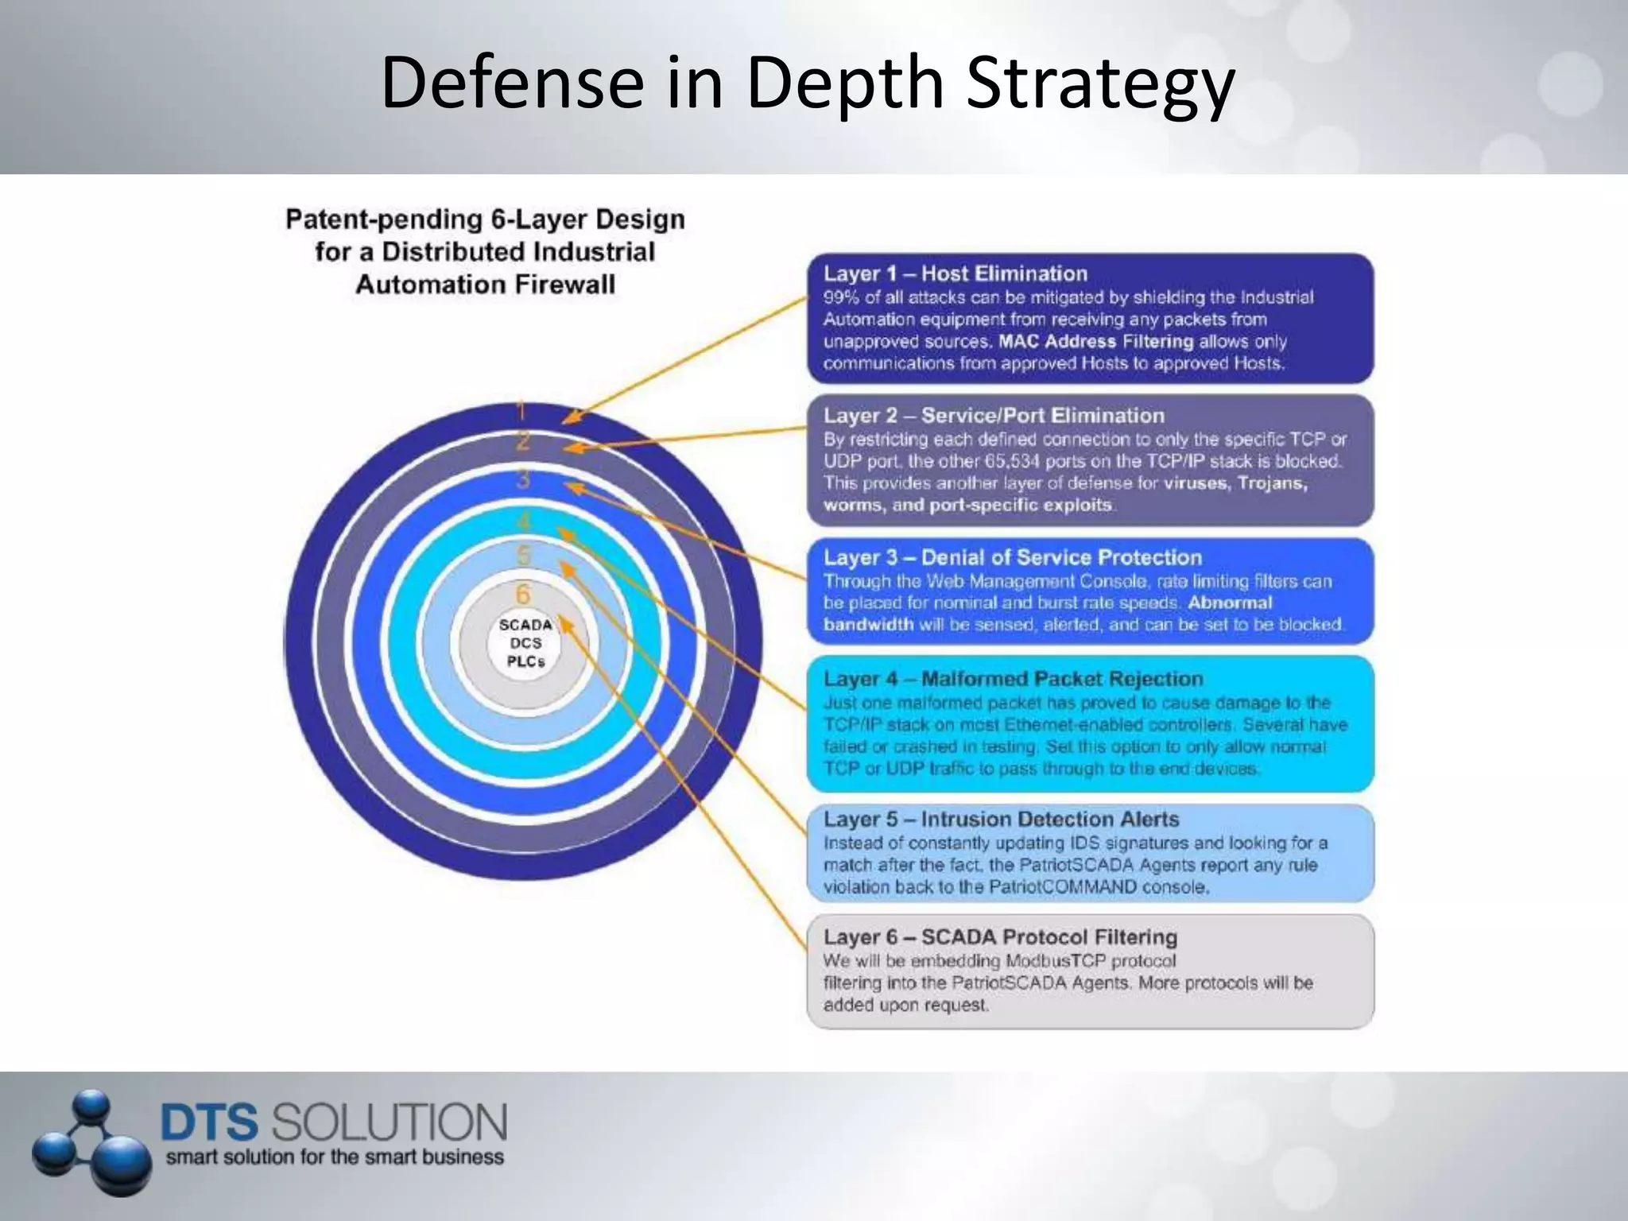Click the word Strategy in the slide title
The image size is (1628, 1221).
tap(1100, 83)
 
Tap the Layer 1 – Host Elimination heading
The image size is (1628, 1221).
tap(955, 274)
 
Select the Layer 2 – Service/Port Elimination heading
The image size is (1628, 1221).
tap(994, 416)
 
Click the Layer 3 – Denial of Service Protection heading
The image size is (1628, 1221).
tap(1013, 557)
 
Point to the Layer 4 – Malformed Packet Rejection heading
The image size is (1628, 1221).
tap(1013, 679)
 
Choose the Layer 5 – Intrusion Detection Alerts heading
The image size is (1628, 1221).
tap(1001, 820)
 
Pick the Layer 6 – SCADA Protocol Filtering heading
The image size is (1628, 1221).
tap(1000, 937)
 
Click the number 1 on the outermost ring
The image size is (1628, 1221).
tap(521, 411)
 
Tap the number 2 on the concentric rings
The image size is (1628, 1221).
tap(522, 440)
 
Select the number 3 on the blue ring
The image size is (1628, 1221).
tap(523, 479)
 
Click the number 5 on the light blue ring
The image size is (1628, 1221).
tap(523, 556)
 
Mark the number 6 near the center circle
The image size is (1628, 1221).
tap(523, 594)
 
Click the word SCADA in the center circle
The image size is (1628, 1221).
tap(525, 625)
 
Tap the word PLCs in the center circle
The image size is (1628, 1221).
tap(525, 661)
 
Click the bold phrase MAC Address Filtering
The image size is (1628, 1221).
tap(1096, 342)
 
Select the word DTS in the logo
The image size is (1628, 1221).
tap(210, 1122)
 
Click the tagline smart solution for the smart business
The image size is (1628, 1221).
tap(335, 1157)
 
